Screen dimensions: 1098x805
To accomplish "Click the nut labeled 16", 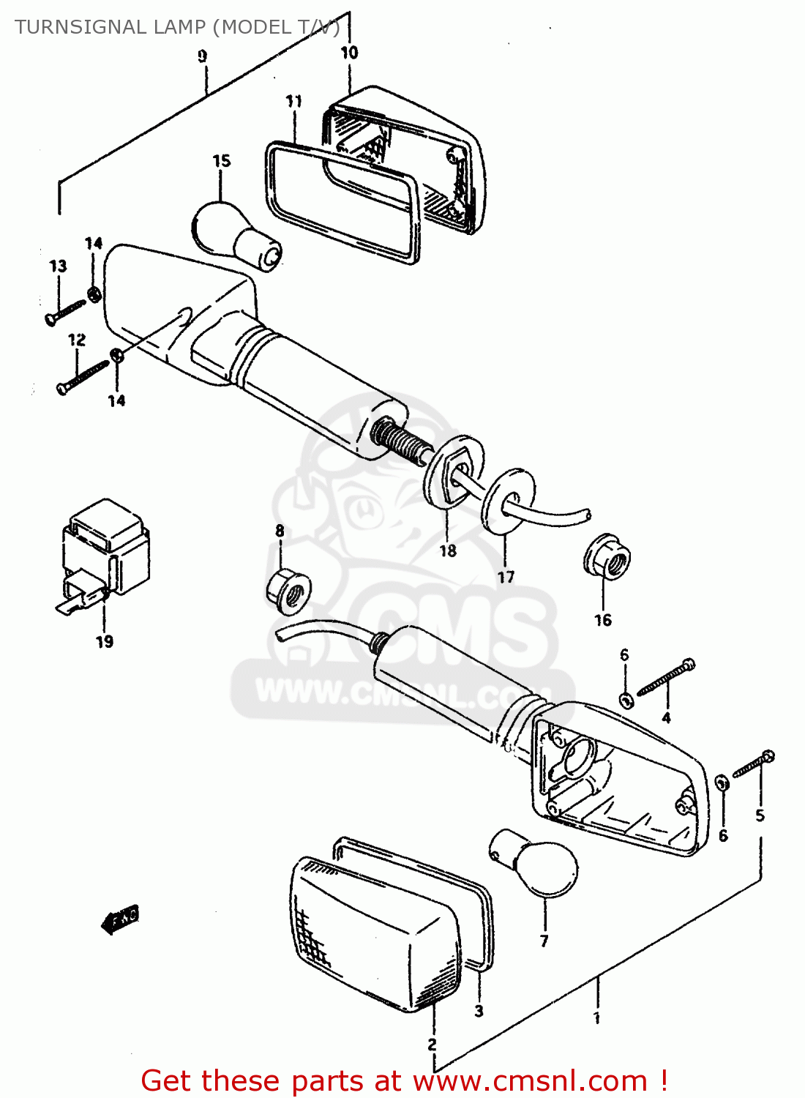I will (x=607, y=560).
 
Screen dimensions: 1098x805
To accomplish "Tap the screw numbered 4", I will (x=666, y=678).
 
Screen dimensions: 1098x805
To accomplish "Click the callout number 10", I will (x=349, y=53).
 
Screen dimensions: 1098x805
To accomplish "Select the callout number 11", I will (x=294, y=101).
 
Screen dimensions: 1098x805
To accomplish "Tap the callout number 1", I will (x=596, y=1017).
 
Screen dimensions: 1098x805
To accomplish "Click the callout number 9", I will (x=203, y=56).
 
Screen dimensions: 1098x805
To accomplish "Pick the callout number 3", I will (x=479, y=1011).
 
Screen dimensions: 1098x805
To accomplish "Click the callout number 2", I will (x=432, y=1044).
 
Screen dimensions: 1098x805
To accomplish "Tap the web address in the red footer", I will (x=531, y=1081).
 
